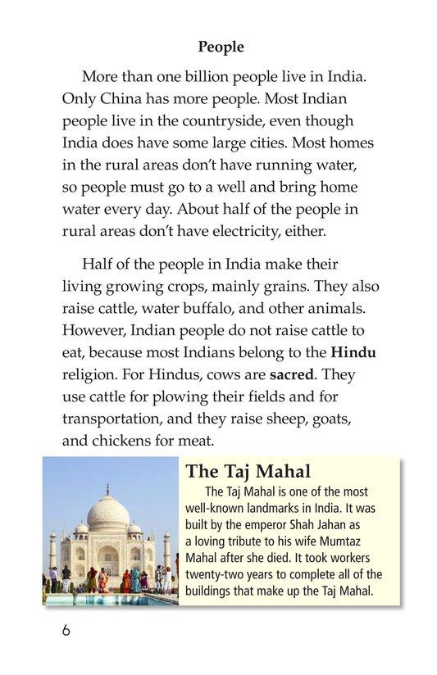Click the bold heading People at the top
pos(221,48)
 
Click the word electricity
pos(251,232)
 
